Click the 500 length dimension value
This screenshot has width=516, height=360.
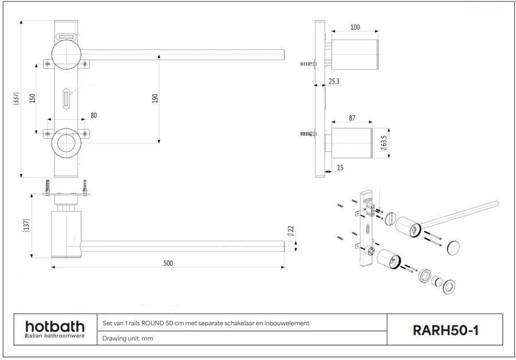[168, 263]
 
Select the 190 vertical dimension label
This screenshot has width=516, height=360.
[155, 98]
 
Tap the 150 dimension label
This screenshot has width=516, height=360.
[33, 98]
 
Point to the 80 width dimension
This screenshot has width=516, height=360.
[93, 115]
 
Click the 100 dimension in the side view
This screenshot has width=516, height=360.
[355, 27]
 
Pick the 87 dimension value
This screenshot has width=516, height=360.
[352, 118]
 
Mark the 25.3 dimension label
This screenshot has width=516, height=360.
[334, 81]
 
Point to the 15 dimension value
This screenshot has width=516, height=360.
[340, 167]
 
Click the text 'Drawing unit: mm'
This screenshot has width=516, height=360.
[127, 338]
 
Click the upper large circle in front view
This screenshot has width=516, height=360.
[68, 54]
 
